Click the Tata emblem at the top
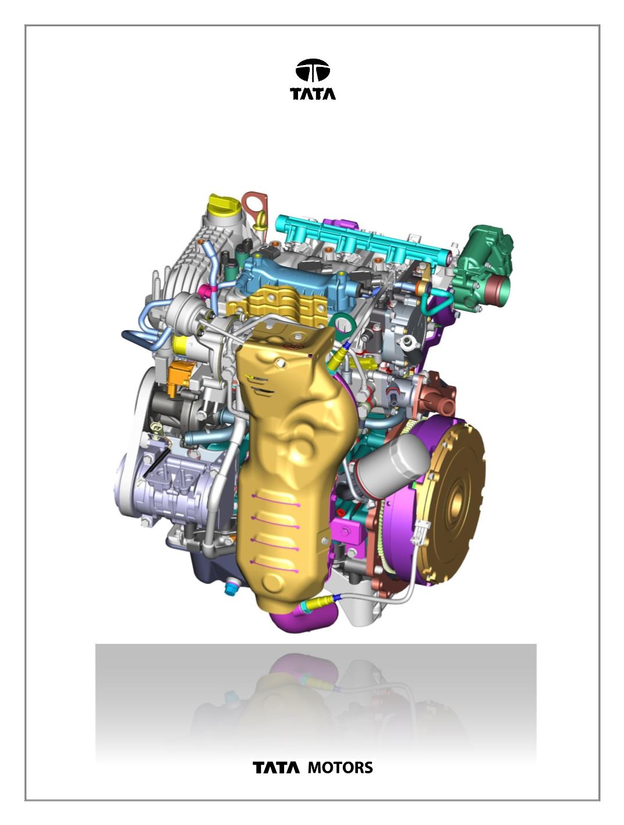(313, 70)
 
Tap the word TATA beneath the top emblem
(313, 94)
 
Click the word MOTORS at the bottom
(340, 768)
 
